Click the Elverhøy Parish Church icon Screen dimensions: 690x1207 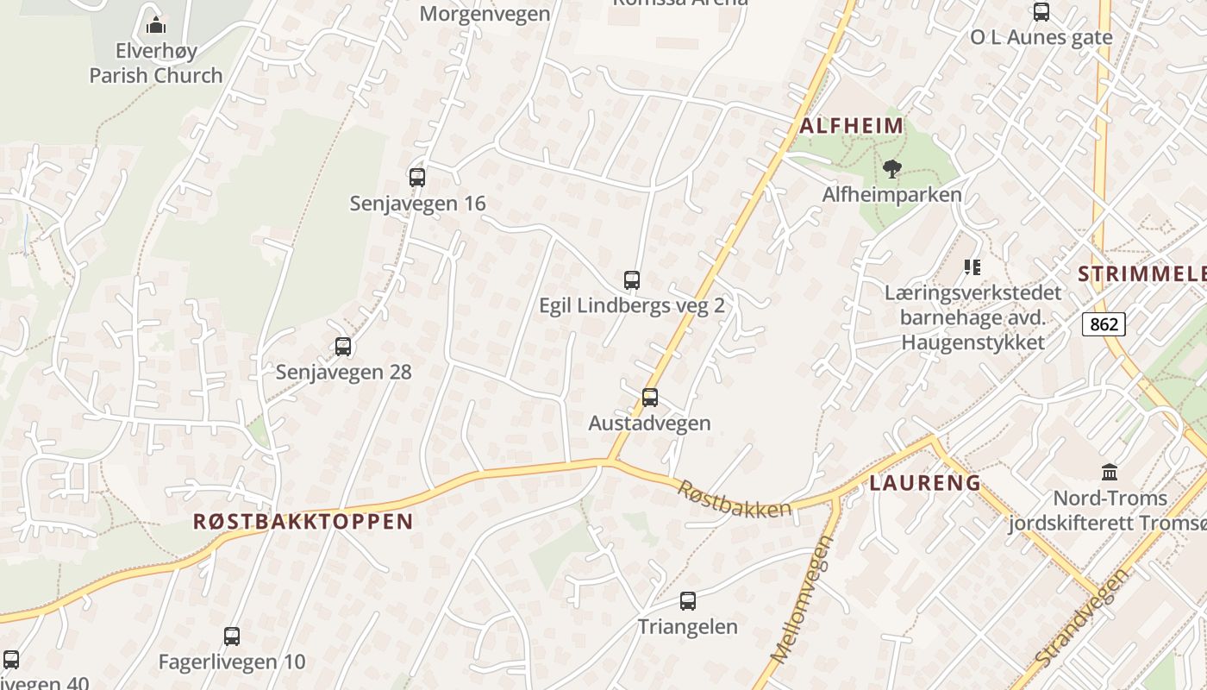click(156, 24)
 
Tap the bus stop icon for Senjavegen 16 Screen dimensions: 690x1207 click(417, 178)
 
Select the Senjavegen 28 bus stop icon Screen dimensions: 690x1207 click(343, 347)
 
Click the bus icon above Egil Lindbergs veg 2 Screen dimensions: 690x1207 click(632, 280)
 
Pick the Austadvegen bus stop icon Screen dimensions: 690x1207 click(650, 398)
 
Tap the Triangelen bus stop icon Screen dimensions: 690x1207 click(688, 601)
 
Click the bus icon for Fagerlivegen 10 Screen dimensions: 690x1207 click(232, 637)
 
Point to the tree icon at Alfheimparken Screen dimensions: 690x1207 click(891, 169)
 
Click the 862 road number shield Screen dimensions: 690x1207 click(1104, 324)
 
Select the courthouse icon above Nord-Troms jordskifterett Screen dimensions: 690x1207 click(1110, 473)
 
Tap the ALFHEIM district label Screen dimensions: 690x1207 click(852, 126)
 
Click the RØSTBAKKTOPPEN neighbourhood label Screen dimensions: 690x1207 click(303, 521)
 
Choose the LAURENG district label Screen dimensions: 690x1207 click(925, 483)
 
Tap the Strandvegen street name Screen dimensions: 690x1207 click(1082, 618)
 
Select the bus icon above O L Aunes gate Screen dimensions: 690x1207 click(1041, 12)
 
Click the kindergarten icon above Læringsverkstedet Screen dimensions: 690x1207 click(972, 267)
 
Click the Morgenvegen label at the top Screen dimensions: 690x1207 click(485, 14)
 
